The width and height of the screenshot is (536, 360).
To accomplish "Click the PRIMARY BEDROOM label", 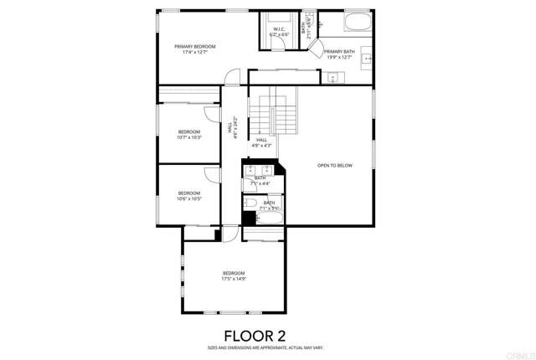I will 194,47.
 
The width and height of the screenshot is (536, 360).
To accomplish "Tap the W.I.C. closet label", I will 279,29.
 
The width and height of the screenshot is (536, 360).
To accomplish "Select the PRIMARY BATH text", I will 340,52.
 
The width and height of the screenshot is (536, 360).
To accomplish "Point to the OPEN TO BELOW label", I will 335,166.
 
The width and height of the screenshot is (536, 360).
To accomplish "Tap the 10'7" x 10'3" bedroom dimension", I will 189,138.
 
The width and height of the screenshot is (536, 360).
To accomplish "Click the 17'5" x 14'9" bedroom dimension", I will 234,280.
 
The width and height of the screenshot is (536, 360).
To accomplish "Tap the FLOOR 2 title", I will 267,336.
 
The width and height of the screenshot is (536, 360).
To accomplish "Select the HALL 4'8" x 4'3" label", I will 262,142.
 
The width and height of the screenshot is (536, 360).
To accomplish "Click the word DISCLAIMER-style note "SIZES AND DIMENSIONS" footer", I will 267,347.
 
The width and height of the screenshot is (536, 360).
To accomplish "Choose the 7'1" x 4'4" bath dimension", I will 260,183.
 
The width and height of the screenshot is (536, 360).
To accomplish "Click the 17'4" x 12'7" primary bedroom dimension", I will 194,53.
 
